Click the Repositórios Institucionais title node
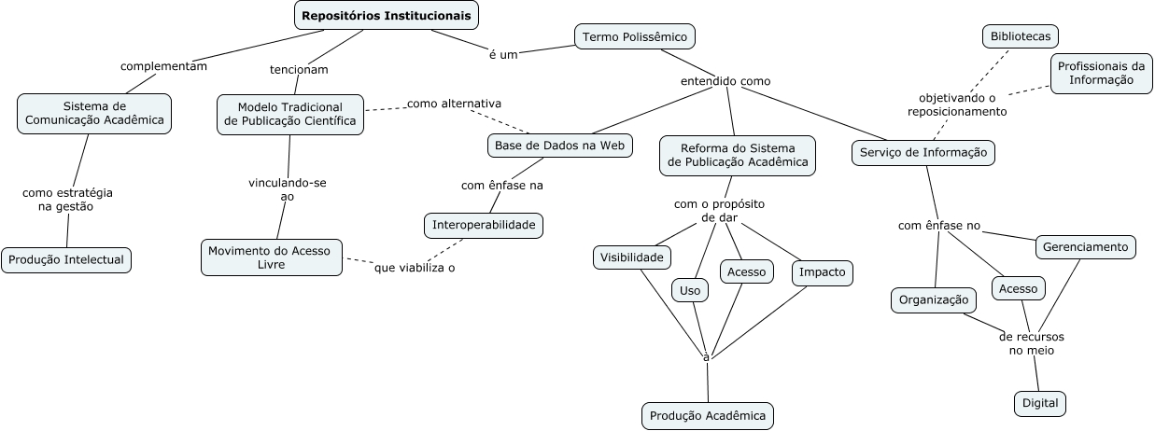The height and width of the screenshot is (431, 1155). coord(387,15)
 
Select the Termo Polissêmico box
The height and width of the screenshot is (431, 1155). coord(635,37)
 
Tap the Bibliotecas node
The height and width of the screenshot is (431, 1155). coord(1021,37)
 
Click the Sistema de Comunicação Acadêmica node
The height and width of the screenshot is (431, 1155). coord(94,113)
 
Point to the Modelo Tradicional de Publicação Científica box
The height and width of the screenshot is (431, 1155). coord(289,114)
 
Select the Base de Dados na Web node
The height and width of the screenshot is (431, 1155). coord(560,146)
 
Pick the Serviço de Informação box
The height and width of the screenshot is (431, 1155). coord(923,153)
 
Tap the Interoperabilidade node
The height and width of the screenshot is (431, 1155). coord(483,225)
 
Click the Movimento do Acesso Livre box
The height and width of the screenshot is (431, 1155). coord(272,257)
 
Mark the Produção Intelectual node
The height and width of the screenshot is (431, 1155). coord(66,259)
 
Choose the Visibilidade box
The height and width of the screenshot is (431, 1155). coord(632,257)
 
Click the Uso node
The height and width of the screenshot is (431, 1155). coord(690,291)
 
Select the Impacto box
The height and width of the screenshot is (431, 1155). coord(823,272)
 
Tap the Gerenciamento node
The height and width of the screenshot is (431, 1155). coord(1086,247)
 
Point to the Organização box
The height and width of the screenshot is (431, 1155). coord(934,300)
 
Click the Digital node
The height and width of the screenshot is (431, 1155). coord(1040,403)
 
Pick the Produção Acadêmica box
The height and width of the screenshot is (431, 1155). coord(708,415)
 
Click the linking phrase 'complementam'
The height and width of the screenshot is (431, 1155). coord(163,66)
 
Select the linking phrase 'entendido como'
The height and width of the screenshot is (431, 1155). coord(725,81)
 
